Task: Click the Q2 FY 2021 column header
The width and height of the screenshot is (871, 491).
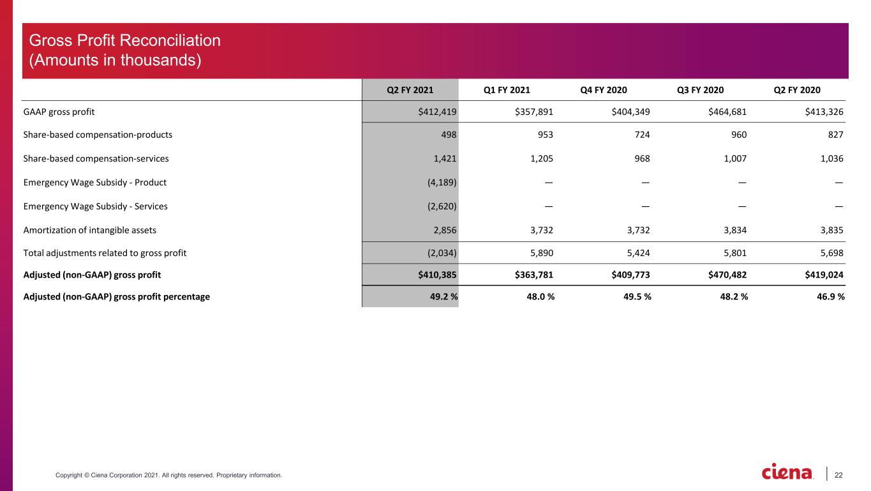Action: (x=410, y=90)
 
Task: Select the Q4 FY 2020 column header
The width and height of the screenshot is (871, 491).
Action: (x=604, y=90)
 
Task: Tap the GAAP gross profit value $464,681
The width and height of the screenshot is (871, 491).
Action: (x=727, y=112)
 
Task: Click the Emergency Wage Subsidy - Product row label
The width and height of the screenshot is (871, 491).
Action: (x=95, y=183)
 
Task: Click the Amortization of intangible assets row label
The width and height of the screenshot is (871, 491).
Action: (x=90, y=230)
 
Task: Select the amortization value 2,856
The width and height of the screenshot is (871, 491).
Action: (x=445, y=230)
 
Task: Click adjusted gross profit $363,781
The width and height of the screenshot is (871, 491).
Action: (x=533, y=275)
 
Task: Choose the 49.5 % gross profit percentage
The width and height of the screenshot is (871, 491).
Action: (x=637, y=297)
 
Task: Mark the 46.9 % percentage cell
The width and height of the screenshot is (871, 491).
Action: (x=831, y=297)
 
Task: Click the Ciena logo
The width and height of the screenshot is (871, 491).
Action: (x=787, y=471)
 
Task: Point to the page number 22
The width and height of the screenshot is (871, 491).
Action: (x=838, y=475)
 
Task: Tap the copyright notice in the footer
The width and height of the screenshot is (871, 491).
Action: (x=168, y=475)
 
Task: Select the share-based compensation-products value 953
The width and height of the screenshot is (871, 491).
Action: (x=545, y=135)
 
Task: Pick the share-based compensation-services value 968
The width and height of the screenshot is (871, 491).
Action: (x=642, y=158)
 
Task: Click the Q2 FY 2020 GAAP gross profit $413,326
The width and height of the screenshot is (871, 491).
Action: (x=824, y=112)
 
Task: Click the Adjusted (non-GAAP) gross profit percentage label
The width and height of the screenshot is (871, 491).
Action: (x=117, y=297)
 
